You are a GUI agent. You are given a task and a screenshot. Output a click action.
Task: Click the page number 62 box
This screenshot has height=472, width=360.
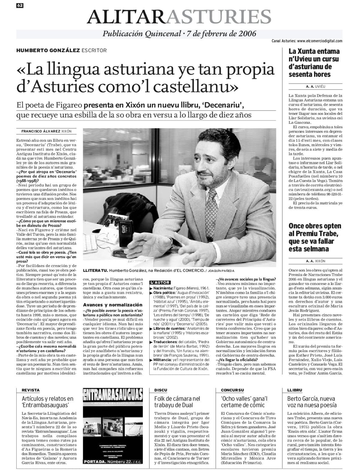[20, 5]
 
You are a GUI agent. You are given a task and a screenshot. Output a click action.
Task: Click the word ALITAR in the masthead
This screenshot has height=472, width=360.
[126, 16]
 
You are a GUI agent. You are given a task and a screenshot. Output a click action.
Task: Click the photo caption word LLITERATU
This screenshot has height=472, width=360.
[94, 271]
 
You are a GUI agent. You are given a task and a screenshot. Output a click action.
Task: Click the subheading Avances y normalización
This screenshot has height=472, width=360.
[108, 305]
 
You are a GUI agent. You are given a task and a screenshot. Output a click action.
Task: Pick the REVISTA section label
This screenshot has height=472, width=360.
[31, 390]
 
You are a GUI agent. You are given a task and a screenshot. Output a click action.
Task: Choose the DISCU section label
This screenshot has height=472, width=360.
[161, 390]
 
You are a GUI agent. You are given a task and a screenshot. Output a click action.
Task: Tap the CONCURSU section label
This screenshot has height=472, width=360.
[232, 390]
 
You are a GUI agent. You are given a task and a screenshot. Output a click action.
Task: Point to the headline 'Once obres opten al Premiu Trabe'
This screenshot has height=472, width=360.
[311, 237]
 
